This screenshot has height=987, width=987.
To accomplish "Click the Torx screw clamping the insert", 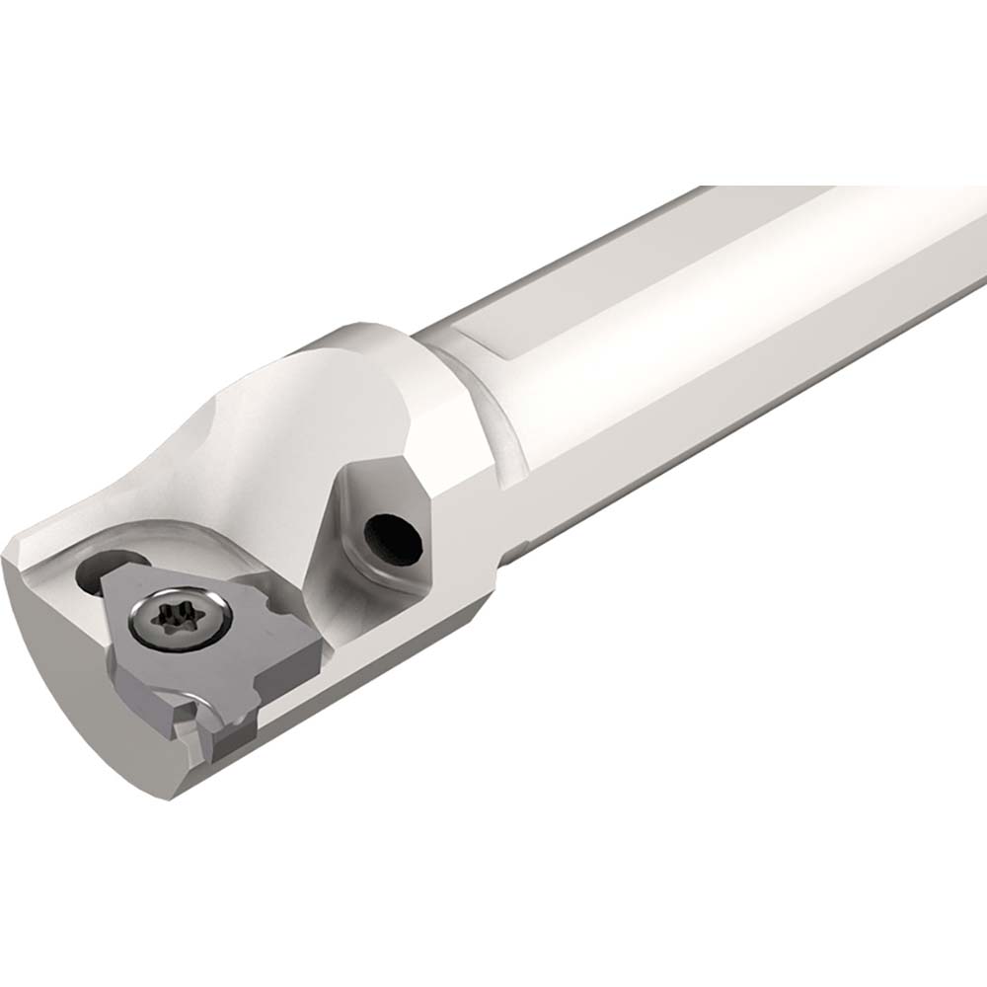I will pyautogui.click(x=180, y=620).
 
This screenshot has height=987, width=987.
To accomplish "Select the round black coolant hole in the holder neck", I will pyautogui.click(x=392, y=538).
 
